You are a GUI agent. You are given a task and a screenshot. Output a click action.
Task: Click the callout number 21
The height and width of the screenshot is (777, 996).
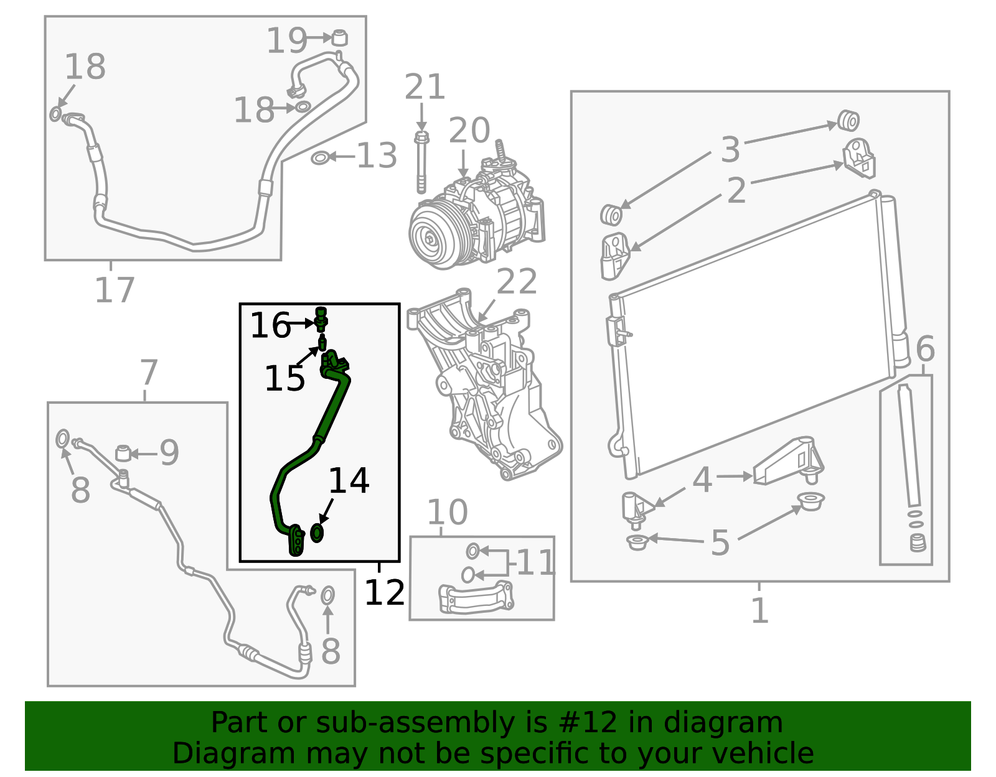(x=425, y=86)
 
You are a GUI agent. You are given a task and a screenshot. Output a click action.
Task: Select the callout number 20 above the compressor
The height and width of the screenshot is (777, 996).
(x=469, y=131)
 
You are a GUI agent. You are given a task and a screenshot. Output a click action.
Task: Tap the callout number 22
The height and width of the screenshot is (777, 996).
(x=517, y=281)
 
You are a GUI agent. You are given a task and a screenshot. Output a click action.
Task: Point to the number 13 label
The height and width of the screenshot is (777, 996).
(x=377, y=156)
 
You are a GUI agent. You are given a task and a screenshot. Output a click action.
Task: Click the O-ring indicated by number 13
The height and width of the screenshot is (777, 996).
(x=319, y=159)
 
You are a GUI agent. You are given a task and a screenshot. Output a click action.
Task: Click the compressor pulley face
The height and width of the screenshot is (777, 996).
(x=431, y=238)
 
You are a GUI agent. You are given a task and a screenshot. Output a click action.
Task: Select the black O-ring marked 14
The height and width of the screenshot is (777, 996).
(x=317, y=533)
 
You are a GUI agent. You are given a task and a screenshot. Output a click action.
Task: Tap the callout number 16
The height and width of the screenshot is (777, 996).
(x=270, y=325)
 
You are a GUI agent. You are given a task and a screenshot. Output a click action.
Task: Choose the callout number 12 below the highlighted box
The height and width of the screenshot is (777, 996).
(x=384, y=592)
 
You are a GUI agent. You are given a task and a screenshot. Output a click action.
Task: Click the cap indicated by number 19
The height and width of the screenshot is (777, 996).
(x=340, y=37)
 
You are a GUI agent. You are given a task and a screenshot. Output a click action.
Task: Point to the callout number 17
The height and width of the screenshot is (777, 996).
(x=115, y=290)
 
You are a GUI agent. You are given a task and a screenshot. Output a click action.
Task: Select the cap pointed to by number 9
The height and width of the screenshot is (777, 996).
(x=123, y=453)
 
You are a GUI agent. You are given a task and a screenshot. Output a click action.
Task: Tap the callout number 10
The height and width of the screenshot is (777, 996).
(x=448, y=511)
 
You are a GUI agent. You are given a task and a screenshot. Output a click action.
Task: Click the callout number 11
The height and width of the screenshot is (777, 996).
(x=536, y=563)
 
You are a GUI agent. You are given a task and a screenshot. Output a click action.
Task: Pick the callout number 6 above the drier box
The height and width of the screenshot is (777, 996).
(x=925, y=349)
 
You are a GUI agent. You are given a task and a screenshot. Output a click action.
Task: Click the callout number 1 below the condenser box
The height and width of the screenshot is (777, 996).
(x=759, y=610)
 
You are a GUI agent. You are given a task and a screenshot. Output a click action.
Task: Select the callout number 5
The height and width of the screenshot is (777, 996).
(x=720, y=543)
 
